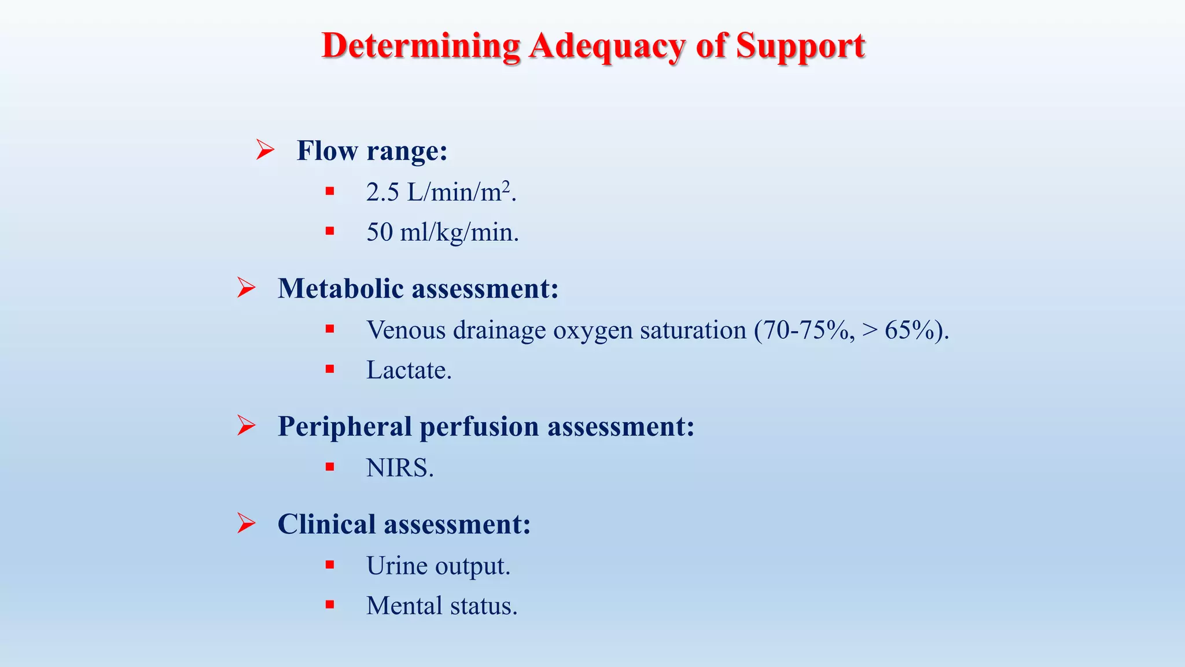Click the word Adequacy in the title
[x=606, y=46]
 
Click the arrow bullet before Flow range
[x=265, y=150]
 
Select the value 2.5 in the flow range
[x=382, y=192]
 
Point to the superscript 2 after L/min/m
[x=506, y=185]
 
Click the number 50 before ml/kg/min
[x=380, y=232]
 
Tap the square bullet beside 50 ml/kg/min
[x=330, y=232]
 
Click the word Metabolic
[x=341, y=288]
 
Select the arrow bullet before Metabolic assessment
[x=246, y=288]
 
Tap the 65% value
[x=911, y=330]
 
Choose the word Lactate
[x=407, y=370]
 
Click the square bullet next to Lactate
[x=330, y=369]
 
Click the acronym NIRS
[x=398, y=468]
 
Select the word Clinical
[x=327, y=524]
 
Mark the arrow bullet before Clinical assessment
[x=246, y=523]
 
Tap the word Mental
[x=404, y=606]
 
